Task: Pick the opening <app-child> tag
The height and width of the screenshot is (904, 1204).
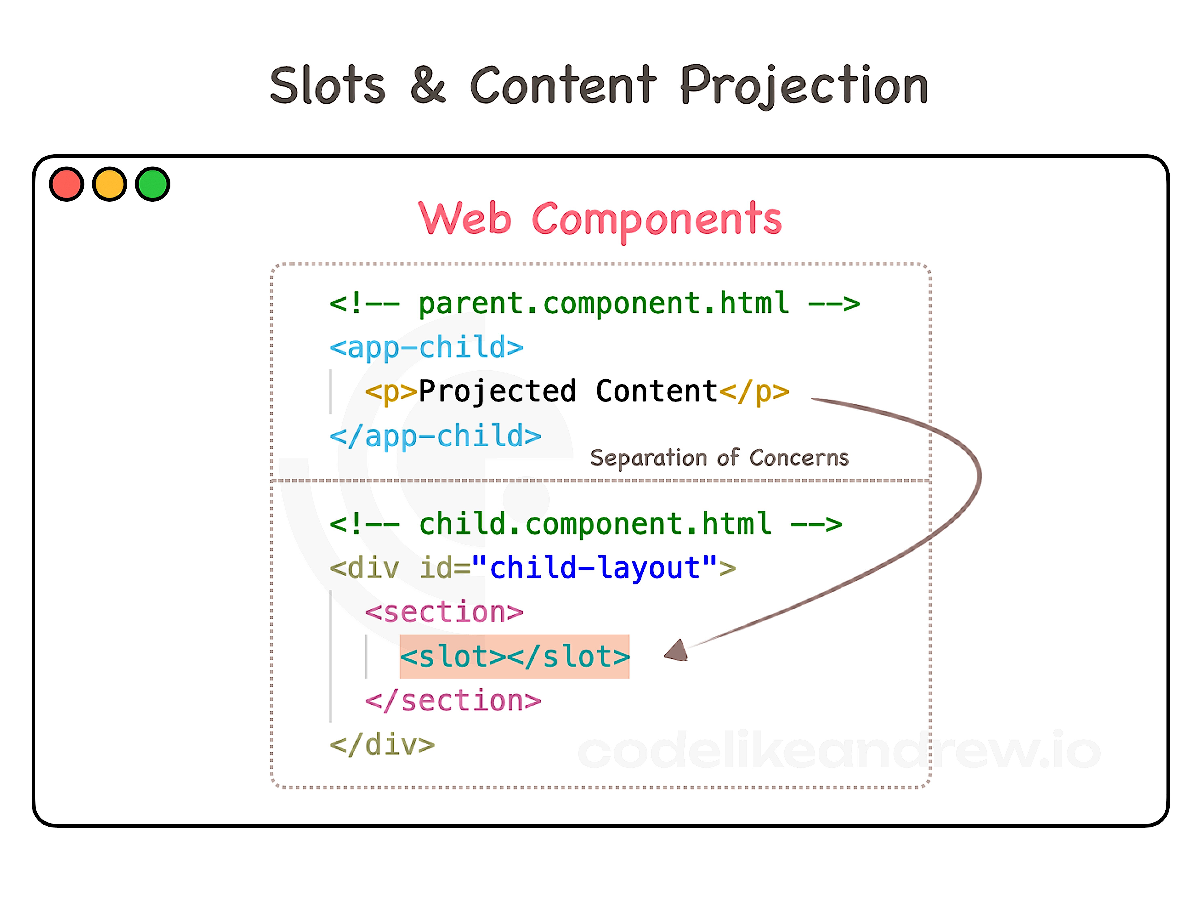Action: pyautogui.click(x=426, y=347)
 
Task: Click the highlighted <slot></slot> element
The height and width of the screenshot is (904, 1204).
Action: pyautogui.click(x=514, y=656)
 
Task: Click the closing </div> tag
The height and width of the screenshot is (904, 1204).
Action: pyautogui.click(x=382, y=744)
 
